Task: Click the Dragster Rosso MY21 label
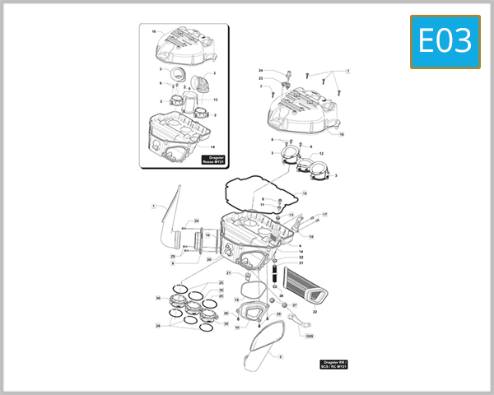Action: click(213, 160)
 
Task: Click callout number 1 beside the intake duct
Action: click(153, 205)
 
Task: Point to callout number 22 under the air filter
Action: click(314, 313)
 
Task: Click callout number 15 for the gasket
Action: click(304, 193)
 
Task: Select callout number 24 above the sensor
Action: click(260, 71)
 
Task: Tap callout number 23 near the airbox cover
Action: click(260, 78)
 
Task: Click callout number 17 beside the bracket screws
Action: click(324, 215)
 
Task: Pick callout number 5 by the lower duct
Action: click(280, 356)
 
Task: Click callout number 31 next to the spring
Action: click(301, 263)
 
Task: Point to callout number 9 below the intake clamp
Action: click(173, 264)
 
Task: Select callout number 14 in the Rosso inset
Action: click(212, 146)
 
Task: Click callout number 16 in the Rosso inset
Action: click(153, 30)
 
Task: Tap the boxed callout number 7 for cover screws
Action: click(347, 72)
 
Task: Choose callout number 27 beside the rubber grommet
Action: click(294, 305)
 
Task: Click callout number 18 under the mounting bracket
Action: click(311, 236)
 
